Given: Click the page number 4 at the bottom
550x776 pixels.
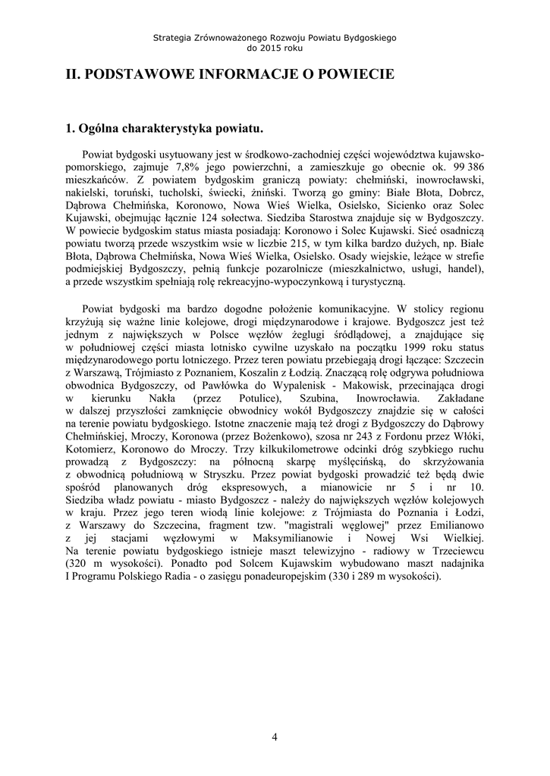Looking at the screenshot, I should (275, 737).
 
